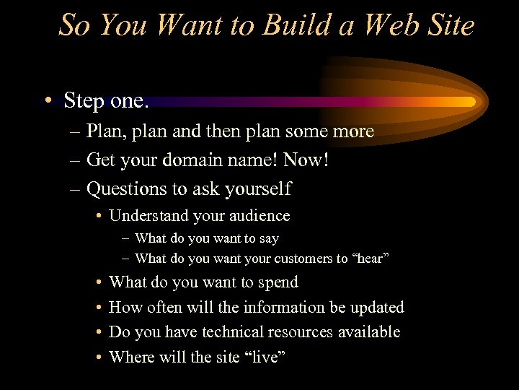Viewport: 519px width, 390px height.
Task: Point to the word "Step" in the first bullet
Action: (83, 101)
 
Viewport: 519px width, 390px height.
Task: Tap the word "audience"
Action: (261, 216)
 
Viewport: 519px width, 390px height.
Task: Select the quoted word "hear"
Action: (371, 259)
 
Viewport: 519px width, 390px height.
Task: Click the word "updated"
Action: (378, 307)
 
